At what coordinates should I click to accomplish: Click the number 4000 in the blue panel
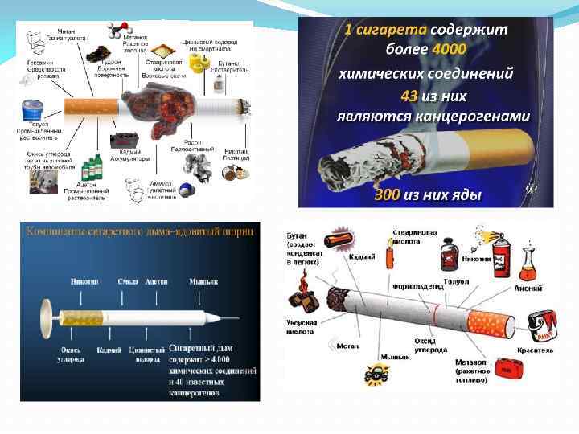pos(448,50)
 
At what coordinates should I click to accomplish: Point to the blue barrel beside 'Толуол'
pos(33,110)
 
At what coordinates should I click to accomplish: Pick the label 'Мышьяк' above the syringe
pos(203,282)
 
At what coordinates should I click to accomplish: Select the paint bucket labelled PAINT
pos(538,326)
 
